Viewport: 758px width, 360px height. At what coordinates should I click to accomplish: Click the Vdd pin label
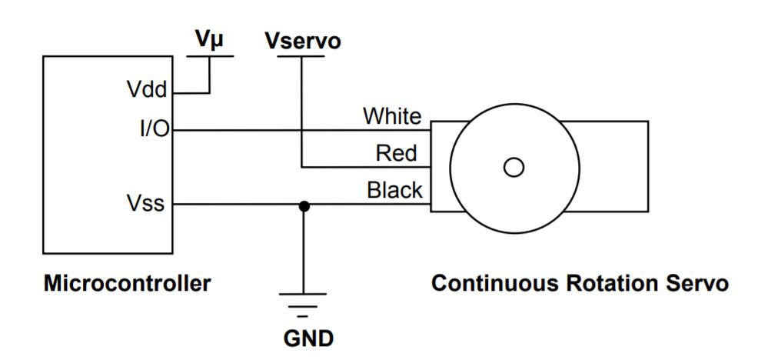click(x=146, y=90)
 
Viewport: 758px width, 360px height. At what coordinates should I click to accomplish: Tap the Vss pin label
click(x=145, y=205)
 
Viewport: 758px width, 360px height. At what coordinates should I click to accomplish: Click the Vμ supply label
click(x=208, y=41)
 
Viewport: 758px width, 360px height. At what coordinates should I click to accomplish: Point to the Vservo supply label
click(x=302, y=41)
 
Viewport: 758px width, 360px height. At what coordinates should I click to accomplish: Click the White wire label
click(x=392, y=116)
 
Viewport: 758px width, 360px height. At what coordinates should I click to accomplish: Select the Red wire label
click(x=397, y=153)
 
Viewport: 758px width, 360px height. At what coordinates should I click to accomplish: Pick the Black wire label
click(x=394, y=189)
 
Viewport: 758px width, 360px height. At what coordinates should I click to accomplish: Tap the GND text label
click(x=304, y=338)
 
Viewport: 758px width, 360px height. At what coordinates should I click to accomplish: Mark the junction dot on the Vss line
click(x=304, y=205)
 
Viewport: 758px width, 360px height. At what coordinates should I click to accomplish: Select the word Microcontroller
click(x=127, y=283)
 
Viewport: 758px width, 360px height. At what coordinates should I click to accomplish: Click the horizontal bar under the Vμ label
click(x=209, y=58)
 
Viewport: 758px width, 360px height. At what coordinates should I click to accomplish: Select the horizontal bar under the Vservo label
click(x=302, y=58)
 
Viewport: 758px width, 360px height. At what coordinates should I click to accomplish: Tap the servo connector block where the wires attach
click(x=440, y=166)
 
